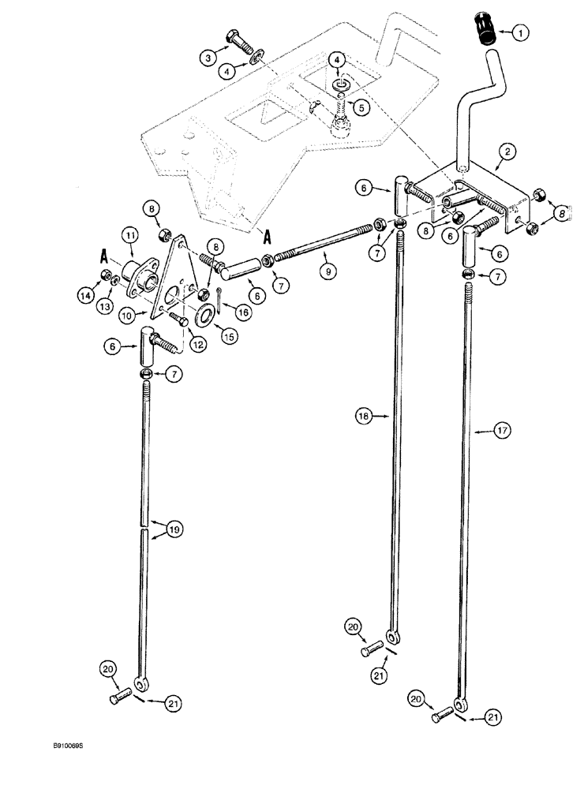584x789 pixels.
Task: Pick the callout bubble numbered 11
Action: point(129,236)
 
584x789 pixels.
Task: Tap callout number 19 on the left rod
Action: point(175,530)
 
